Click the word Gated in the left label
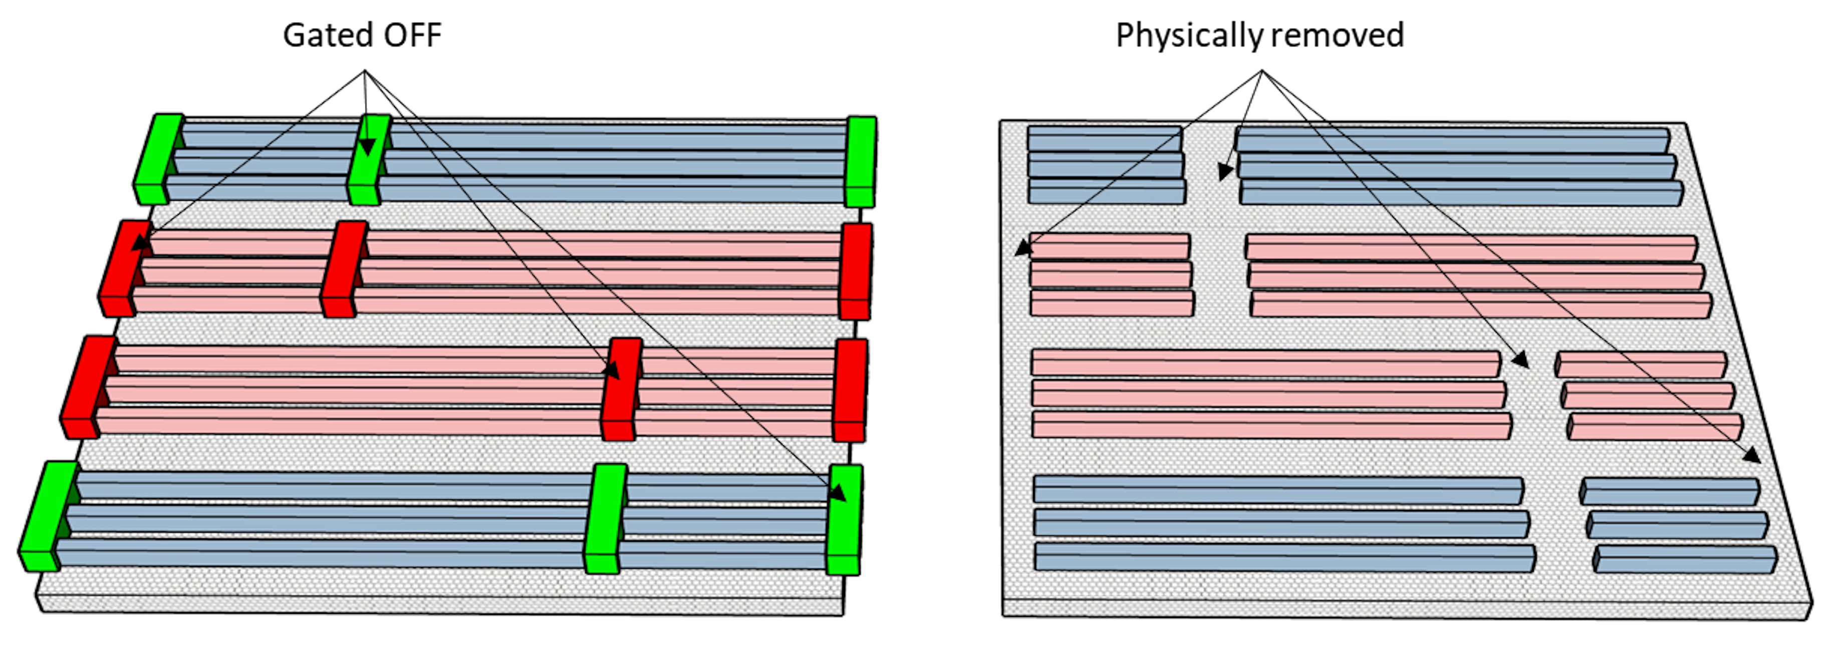326,36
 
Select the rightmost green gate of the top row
861,162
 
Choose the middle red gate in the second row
345,269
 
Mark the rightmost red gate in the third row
851,390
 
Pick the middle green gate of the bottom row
605,518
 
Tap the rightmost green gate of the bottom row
845,519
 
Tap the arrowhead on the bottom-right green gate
838,493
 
